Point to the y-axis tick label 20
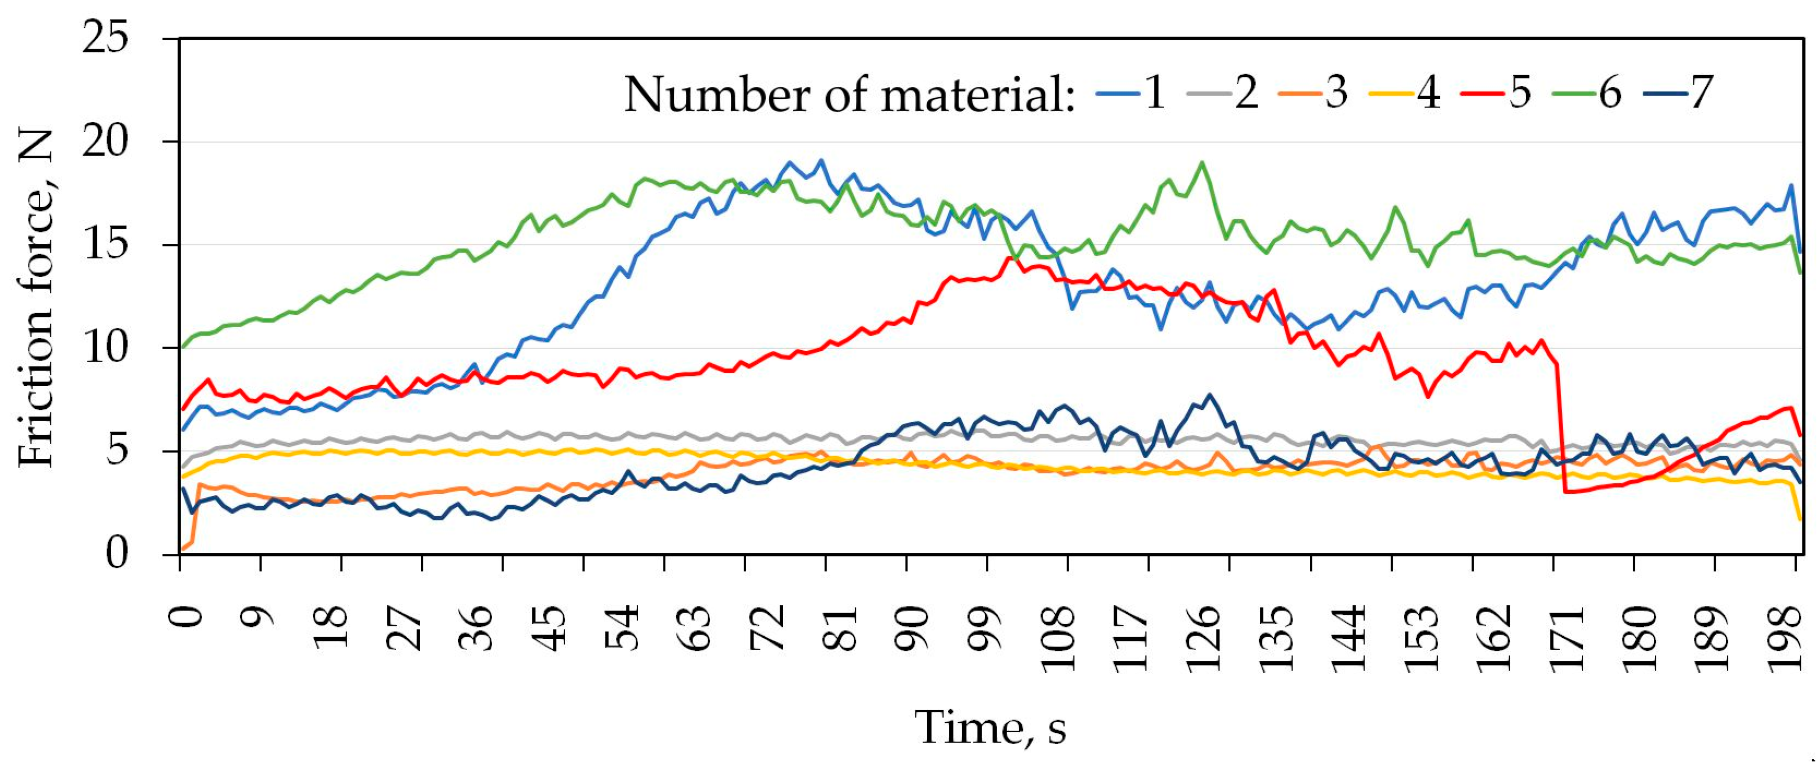point(106,142)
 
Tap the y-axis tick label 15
point(106,245)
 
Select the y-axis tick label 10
point(106,348)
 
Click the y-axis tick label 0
point(118,554)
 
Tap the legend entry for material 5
point(1507,93)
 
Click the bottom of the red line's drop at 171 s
point(1567,492)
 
